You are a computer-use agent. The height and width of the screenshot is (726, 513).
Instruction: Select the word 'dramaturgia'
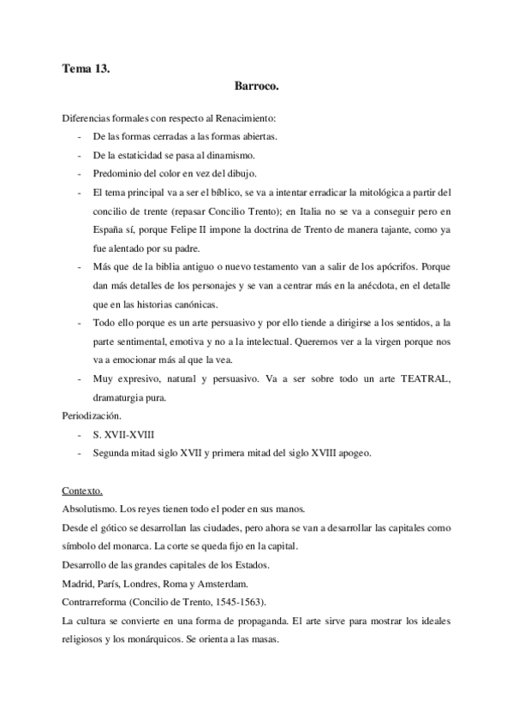coord(122,397)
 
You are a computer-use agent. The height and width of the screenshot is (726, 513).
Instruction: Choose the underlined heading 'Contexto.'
coord(83,491)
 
